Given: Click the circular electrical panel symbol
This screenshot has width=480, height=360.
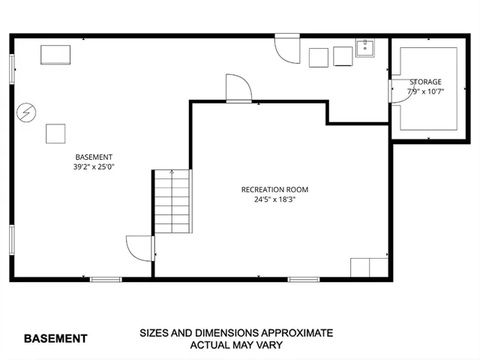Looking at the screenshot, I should tap(26, 112).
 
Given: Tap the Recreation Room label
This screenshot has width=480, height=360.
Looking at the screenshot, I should tap(274, 190).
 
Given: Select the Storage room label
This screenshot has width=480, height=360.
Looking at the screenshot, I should tap(425, 82).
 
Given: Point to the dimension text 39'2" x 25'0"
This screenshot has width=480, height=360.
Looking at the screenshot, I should tap(94, 167).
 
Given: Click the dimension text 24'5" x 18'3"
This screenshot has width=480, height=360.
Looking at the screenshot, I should tap(274, 199).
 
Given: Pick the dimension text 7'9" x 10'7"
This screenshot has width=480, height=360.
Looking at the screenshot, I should tap(425, 91).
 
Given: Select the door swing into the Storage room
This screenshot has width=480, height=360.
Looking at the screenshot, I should tap(394, 90).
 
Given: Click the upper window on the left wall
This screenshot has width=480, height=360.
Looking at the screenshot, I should tap(11, 70).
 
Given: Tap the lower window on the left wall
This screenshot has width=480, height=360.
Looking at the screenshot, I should tap(11, 239).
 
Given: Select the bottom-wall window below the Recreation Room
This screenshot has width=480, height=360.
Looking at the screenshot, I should tap(303, 280).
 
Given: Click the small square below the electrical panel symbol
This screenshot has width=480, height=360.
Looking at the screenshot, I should tap(56, 133).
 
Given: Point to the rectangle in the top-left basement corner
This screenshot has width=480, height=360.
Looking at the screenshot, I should tap(55, 55).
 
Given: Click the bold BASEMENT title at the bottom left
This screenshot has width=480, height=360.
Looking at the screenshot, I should tap(55, 338).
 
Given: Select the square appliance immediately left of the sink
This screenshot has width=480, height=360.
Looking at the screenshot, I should tap(343, 56).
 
